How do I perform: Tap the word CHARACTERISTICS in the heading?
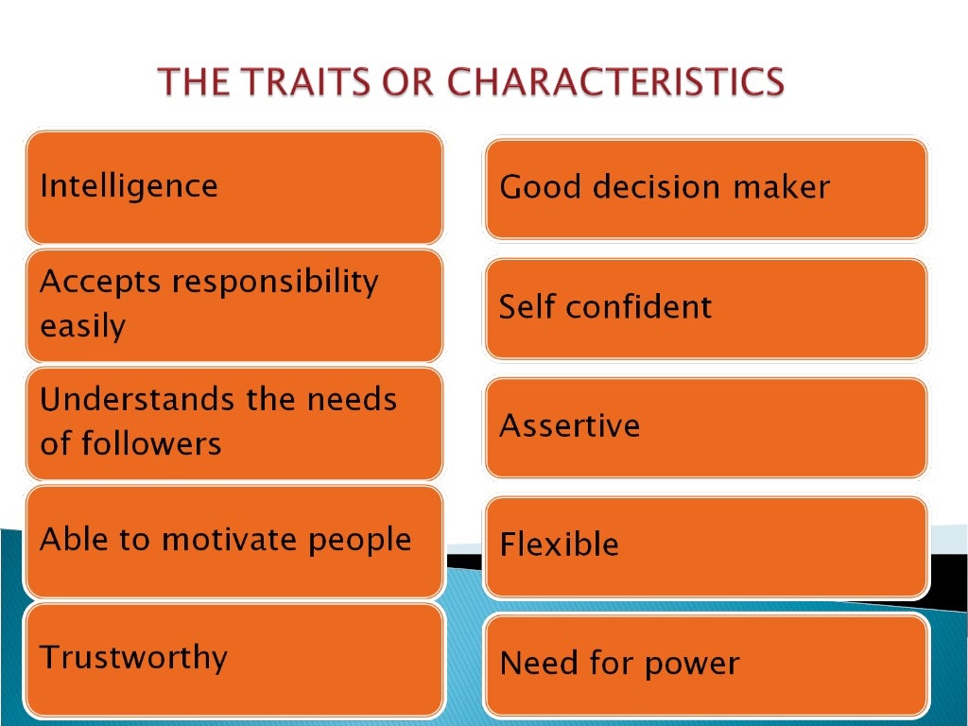[615, 82]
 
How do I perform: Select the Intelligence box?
[233, 187]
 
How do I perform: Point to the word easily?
[82, 327]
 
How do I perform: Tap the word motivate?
[228, 540]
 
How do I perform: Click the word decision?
[648, 187]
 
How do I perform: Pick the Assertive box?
[705, 427]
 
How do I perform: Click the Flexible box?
[705, 546]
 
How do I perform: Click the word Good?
[536, 187]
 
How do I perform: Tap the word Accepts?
[99, 282]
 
